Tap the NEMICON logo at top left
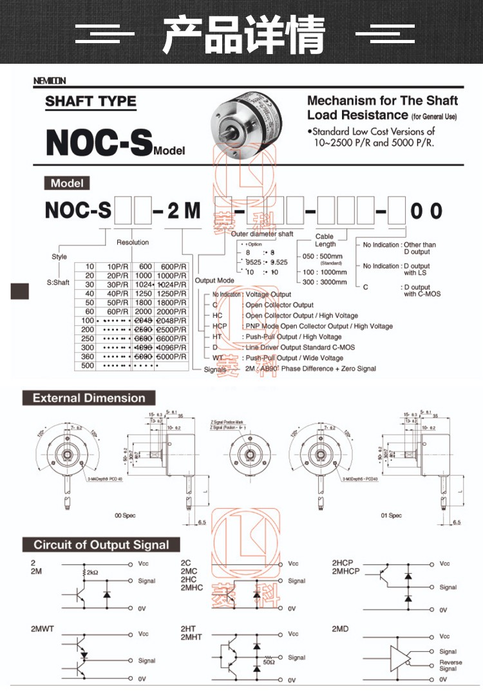50,80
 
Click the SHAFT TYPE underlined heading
91,102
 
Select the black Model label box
68,183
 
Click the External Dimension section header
89,398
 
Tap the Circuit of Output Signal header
101,545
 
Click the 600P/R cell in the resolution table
173,267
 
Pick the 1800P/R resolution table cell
173,303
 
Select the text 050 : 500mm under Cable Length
322,256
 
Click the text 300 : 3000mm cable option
325,282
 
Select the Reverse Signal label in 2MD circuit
450,666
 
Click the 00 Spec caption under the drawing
125,516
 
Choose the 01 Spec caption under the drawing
391,516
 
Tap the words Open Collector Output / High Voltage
301,316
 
